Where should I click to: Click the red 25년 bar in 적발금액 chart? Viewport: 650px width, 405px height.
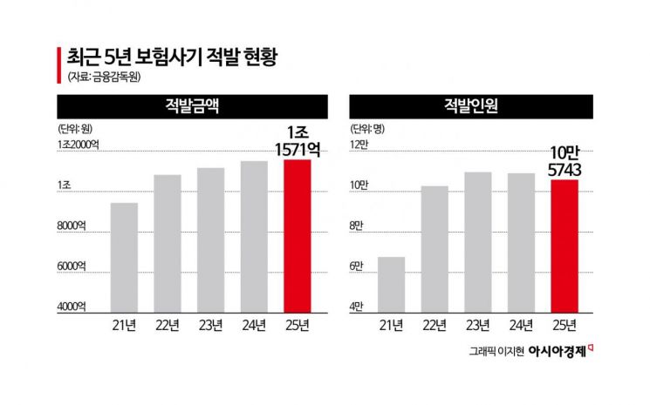(x=298, y=235)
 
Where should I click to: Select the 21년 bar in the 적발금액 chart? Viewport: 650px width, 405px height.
(x=124, y=257)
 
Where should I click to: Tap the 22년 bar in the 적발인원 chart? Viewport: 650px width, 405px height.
(x=434, y=248)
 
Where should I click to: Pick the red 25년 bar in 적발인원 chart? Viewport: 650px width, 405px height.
(x=564, y=246)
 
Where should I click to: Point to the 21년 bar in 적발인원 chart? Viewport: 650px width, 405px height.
(x=390, y=284)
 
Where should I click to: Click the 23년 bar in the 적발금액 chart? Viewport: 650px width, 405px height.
(x=210, y=240)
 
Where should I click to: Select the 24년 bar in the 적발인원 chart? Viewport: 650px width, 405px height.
(x=521, y=242)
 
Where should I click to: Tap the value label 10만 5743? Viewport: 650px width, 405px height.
(x=565, y=161)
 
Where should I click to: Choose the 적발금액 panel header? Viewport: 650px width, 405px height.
(x=192, y=107)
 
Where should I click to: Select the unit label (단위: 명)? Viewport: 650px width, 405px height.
(x=368, y=128)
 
